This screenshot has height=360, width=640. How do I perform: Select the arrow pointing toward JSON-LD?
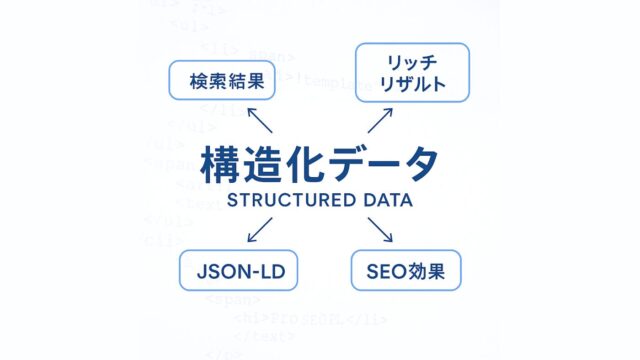259,230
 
